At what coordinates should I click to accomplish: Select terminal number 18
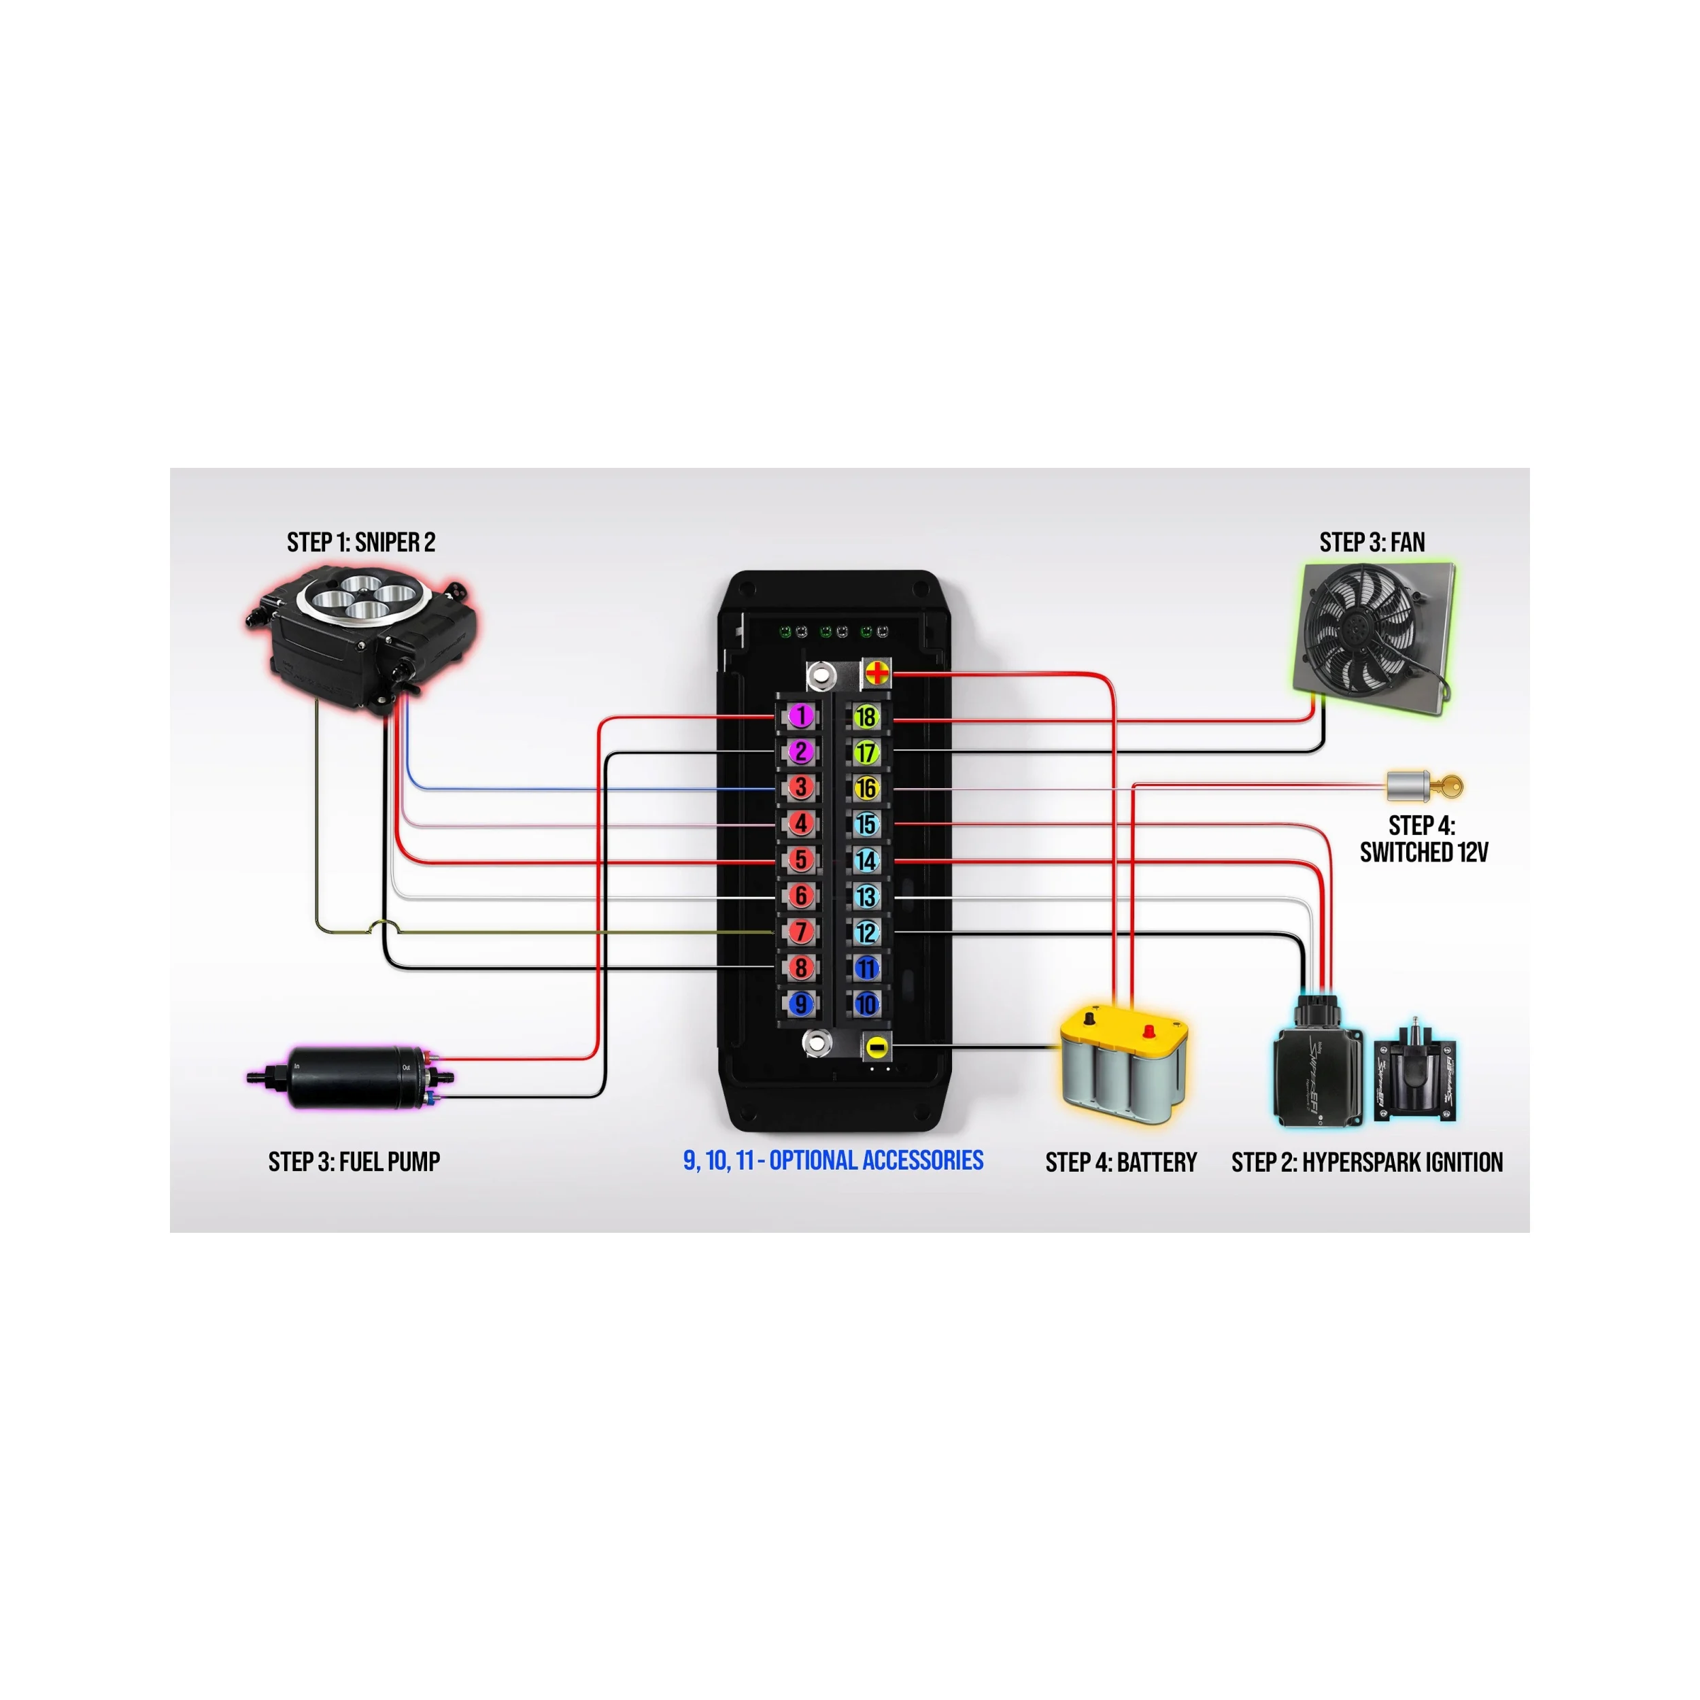coord(866,716)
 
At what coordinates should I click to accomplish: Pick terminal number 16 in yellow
coord(866,788)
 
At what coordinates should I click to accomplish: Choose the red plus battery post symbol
coord(877,674)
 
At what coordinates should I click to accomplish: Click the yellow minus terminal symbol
coord(877,1047)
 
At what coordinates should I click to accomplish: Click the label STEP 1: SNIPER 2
coord(361,542)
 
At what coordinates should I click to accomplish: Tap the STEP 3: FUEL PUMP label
coord(354,1161)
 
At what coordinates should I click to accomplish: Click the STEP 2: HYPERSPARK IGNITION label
coord(1367,1162)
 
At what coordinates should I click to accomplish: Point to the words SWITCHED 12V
coord(1424,852)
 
